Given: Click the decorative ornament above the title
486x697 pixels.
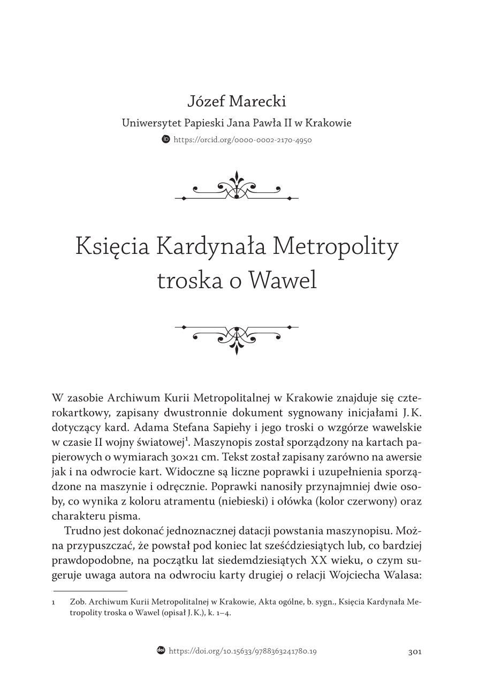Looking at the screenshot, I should pyautogui.click(x=237, y=187).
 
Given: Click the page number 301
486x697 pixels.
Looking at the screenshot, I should pyautogui.click(x=415, y=652).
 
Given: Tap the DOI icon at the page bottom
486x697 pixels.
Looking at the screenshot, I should pyautogui.click(x=161, y=650).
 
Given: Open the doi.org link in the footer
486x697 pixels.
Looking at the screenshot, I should pyautogui.click(x=242, y=652).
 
